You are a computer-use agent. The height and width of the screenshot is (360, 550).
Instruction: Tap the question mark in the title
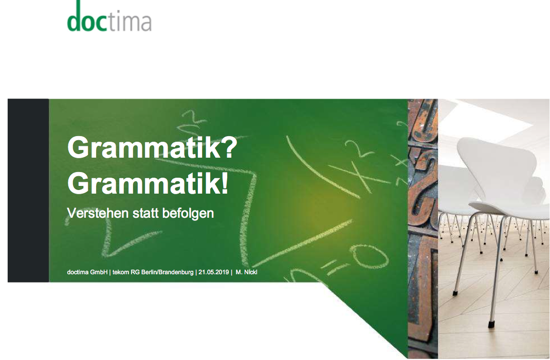coord(229,147)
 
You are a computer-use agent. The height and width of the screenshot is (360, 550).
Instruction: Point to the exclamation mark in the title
coord(225,183)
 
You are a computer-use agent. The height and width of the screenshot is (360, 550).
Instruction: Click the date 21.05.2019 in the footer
coord(213,272)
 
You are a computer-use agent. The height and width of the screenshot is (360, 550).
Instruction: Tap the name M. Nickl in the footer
coord(247,272)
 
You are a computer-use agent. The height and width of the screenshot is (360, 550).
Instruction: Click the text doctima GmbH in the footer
coord(87,272)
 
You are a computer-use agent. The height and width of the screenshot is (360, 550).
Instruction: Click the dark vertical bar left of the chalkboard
coord(28,191)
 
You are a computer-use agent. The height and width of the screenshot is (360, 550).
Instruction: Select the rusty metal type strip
coord(423,229)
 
